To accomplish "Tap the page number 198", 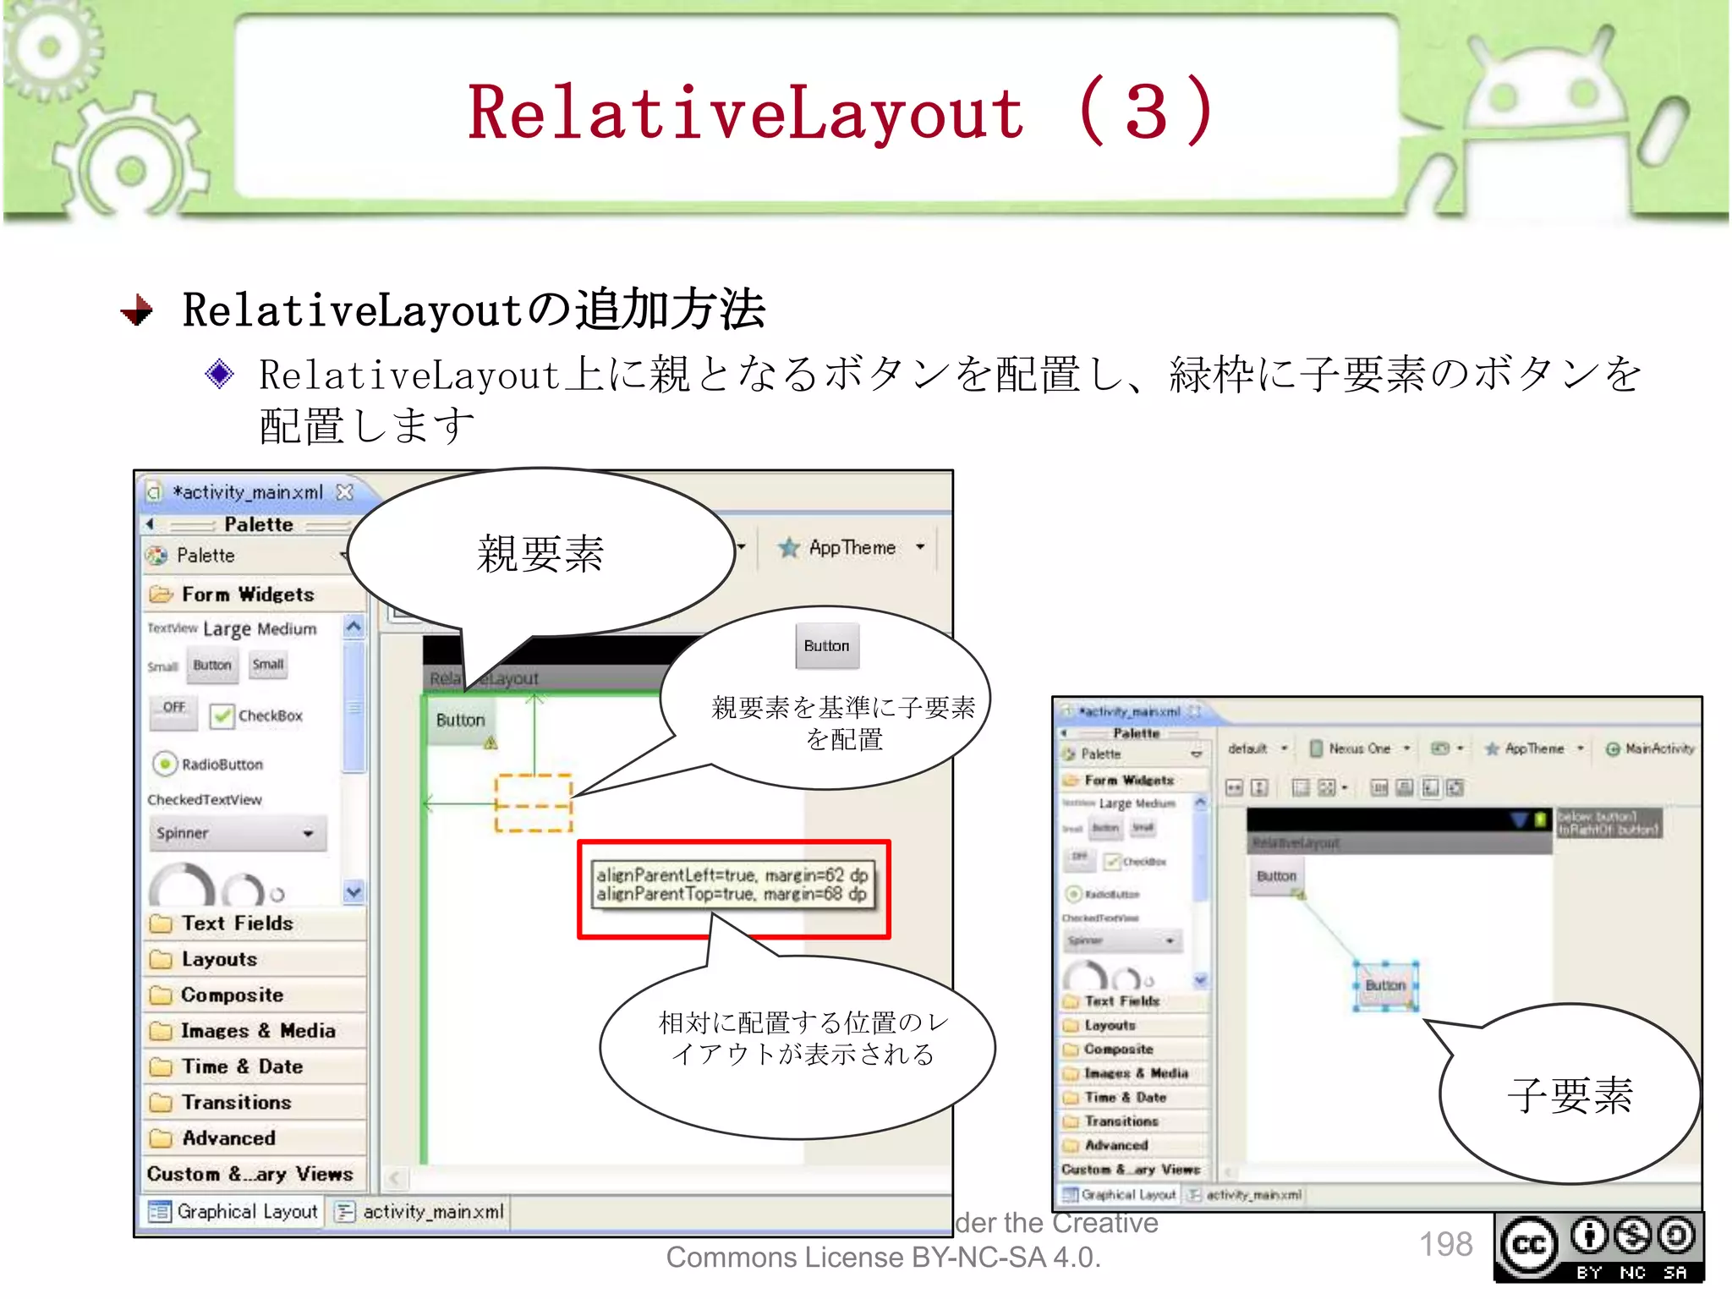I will coord(1445,1244).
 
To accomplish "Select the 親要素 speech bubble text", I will coord(540,555).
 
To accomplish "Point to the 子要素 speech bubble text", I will coord(1570,1095).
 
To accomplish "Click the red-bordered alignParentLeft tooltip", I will coord(732,885).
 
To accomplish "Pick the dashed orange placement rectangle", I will coord(534,803).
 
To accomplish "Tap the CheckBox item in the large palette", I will coord(257,715).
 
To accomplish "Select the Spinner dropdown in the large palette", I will coord(236,833).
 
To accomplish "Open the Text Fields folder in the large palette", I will coord(237,924).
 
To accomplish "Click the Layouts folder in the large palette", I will coord(218,959).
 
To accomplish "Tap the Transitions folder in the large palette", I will coord(236,1102).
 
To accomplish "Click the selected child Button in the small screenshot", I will coord(1385,985).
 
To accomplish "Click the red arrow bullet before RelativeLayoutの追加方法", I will coord(137,310).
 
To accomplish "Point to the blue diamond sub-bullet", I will coord(220,374).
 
